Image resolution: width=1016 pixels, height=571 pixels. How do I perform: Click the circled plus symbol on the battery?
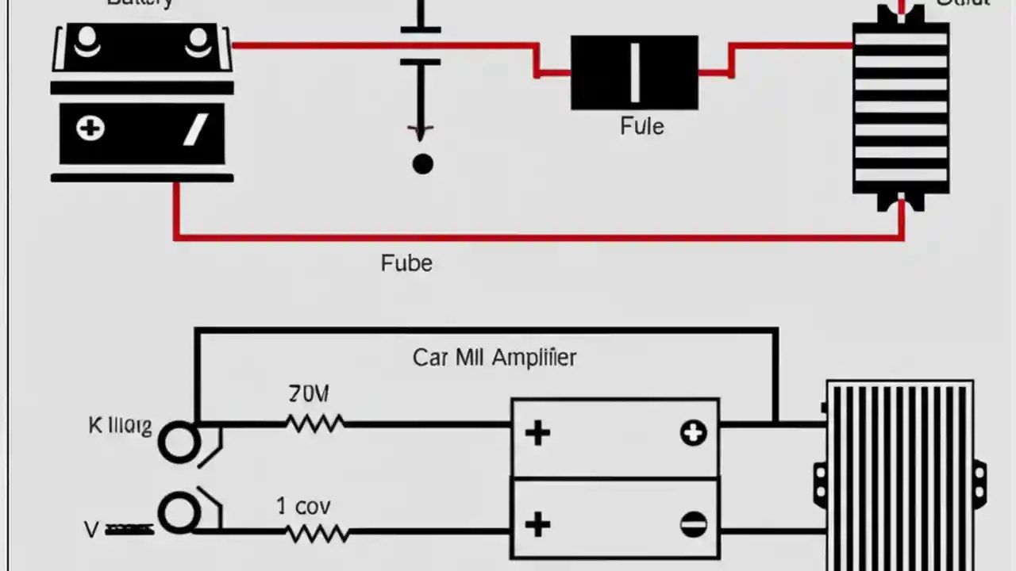(90, 128)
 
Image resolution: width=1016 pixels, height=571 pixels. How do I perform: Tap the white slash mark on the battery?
(195, 129)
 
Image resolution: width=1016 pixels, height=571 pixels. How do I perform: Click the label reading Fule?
(641, 127)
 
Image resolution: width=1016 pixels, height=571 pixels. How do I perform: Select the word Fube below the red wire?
(406, 263)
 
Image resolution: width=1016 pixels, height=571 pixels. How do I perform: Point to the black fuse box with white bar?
(634, 72)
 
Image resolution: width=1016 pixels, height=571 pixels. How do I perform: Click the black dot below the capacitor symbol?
(422, 164)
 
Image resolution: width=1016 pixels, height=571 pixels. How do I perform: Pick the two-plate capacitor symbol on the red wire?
(420, 46)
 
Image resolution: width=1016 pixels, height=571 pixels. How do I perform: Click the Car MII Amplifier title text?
(494, 358)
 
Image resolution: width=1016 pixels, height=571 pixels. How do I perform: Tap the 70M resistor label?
(309, 393)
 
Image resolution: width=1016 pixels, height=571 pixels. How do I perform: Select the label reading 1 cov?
(303, 506)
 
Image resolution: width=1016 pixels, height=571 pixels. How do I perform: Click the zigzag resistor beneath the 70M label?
(315, 424)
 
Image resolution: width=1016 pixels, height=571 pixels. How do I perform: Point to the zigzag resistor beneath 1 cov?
(317, 534)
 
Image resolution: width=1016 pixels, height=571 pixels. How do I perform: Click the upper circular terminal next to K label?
(179, 442)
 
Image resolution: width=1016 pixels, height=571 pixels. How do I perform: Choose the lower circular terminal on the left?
(179, 514)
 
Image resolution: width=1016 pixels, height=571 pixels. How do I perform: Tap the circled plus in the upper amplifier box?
(693, 433)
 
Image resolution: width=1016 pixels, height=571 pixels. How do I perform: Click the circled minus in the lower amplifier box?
(693, 524)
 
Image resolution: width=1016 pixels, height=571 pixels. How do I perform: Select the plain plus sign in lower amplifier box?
(537, 524)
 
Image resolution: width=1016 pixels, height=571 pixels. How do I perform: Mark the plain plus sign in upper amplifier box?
(537, 433)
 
